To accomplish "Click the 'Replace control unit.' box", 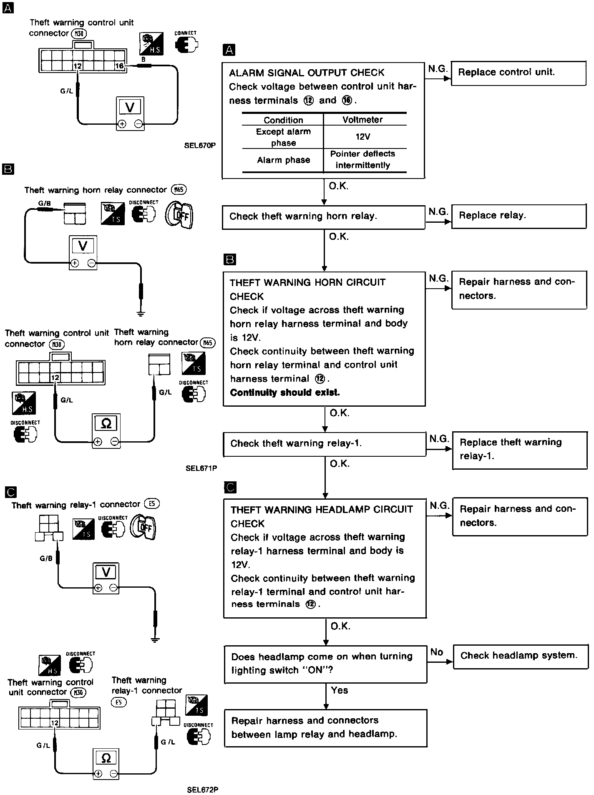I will pos(518,73).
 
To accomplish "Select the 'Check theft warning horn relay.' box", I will pos(323,217).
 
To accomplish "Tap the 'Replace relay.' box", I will pos(518,216).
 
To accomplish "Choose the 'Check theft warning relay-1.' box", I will pos(324,444).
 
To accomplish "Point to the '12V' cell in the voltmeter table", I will pos(362,137).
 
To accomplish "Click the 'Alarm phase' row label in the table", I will pos(283,160).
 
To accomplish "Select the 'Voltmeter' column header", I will pos(362,120).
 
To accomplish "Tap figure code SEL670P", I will pos(200,146).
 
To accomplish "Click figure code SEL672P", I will pos(203,790).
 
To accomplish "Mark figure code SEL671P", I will pos(201,468).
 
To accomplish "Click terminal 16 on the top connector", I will pos(119,65).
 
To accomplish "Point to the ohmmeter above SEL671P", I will pos(106,431).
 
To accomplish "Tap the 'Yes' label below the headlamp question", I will pos(339,690).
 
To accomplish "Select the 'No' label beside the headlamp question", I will pos(436,652).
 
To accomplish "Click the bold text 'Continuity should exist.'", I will pos(285,392).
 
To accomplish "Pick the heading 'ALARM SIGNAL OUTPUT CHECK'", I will pos(307,73).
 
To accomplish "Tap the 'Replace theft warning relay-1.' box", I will pos(519,450).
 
